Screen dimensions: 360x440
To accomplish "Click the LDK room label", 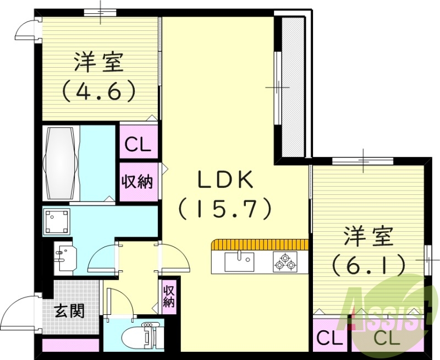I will pyautogui.click(x=225, y=180).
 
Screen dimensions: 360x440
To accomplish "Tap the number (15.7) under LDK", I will pyautogui.click(x=225, y=208).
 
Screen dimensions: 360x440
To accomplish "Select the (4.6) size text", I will pyautogui.click(x=98, y=90).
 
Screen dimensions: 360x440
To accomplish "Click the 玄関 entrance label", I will pyautogui.click(x=70, y=311).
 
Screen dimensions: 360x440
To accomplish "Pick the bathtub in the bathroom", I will pyautogui.click(x=61, y=163).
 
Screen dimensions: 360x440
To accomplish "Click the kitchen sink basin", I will pyautogui.click(x=240, y=261).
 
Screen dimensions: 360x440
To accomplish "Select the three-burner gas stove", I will pyautogui.click(x=285, y=261).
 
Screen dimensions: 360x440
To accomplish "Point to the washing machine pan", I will pyautogui.click(x=57, y=221).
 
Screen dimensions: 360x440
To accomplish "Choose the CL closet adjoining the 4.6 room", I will pyautogui.click(x=138, y=146).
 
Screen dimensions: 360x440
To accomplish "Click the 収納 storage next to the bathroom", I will pyautogui.click(x=138, y=182).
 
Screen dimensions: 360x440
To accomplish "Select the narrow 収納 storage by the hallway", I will pyautogui.click(x=169, y=295).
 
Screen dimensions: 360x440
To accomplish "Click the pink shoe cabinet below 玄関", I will pyautogui.click(x=71, y=345).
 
